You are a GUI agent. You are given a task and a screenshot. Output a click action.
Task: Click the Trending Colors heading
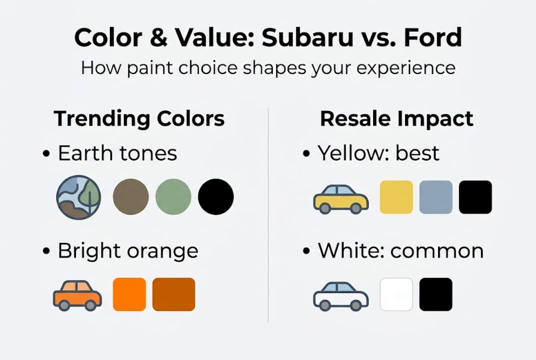pos(139,119)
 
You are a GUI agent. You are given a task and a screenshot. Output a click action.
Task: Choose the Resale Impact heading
pos(397,119)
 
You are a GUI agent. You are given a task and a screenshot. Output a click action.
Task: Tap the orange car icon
pos(77,295)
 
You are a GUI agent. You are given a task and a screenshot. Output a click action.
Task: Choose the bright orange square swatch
pos(129,294)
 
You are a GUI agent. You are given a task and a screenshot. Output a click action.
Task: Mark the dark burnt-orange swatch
pos(173,294)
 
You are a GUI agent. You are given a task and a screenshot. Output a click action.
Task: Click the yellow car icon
pos(341,198)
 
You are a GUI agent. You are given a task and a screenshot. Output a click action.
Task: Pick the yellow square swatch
pos(397,197)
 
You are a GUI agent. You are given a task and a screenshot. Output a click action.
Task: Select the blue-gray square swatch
pos(436,197)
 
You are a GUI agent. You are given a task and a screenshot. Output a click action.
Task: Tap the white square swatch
pos(397,294)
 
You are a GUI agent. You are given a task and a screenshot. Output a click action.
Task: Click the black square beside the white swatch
pos(436,294)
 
